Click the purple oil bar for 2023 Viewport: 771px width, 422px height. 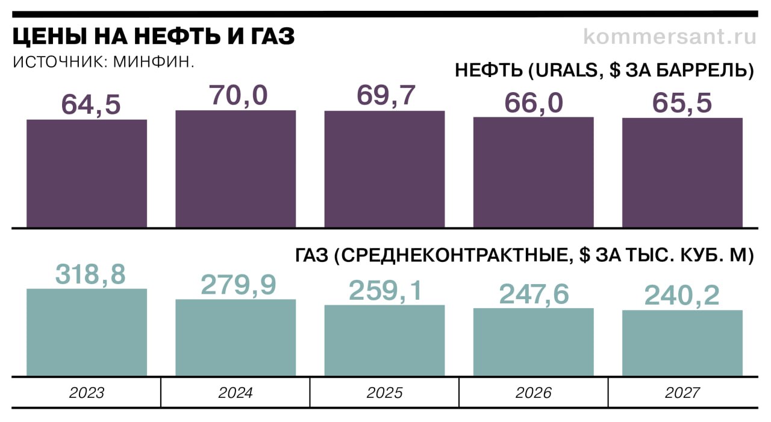point(87,173)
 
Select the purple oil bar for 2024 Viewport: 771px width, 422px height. point(236,169)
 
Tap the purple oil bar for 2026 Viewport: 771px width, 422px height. point(533,172)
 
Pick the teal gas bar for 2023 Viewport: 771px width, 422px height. point(87,332)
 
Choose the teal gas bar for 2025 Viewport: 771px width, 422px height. point(384,341)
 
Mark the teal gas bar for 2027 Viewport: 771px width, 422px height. point(682,343)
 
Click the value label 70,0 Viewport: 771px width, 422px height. point(238,95)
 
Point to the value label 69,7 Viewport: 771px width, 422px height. point(386,96)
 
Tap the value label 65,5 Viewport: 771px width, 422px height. point(682,102)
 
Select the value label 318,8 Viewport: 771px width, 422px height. point(90,274)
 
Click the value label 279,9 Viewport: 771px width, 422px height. point(239,285)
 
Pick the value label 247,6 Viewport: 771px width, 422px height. point(534,294)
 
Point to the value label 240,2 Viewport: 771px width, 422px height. point(682,296)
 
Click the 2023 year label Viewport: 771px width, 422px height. point(87,393)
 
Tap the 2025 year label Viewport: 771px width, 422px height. point(384,393)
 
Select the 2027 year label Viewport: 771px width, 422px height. point(682,393)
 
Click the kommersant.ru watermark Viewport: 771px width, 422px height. point(669,37)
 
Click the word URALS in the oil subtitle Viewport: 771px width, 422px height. point(566,70)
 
